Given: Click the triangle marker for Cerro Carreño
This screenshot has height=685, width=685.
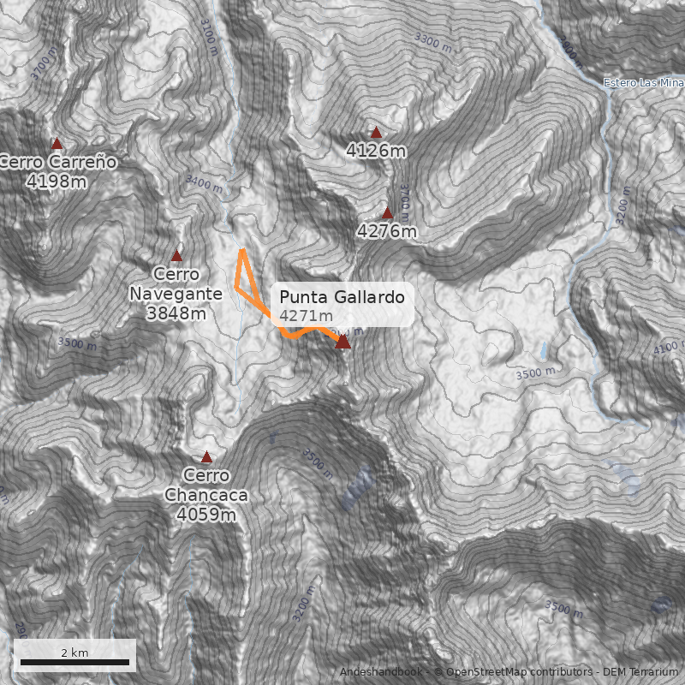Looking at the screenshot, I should coord(57,144).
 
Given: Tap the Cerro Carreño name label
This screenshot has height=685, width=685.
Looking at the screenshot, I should coord(58,162).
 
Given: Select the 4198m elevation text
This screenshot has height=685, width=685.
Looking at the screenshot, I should coord(57,181).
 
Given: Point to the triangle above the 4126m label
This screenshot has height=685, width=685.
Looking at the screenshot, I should coord(376,133).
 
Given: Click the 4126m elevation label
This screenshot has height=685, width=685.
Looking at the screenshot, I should coord(376,151).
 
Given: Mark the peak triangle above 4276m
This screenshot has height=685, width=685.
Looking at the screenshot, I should coord(387,213).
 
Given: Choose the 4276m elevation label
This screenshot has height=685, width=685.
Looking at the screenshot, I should coord(387,231).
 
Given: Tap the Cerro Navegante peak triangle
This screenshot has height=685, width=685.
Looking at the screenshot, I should coord(177,256).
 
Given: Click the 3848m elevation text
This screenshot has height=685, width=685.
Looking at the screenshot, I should coord(176,313).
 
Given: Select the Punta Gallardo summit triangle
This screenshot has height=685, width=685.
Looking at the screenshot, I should coord(343,342).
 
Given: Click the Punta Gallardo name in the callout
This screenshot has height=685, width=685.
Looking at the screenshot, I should coord(342,297).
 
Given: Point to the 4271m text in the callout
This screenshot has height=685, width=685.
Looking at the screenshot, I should coord(305,317).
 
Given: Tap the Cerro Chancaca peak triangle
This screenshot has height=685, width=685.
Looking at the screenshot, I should coord(206,457).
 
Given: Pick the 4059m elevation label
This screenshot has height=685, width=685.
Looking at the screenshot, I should coord(206,514).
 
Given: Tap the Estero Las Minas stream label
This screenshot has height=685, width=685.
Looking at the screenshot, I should coord(643,83).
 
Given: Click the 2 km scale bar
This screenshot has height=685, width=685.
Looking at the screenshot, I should coord(74,662).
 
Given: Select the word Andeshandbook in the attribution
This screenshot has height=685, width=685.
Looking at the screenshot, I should coord(382,672).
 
